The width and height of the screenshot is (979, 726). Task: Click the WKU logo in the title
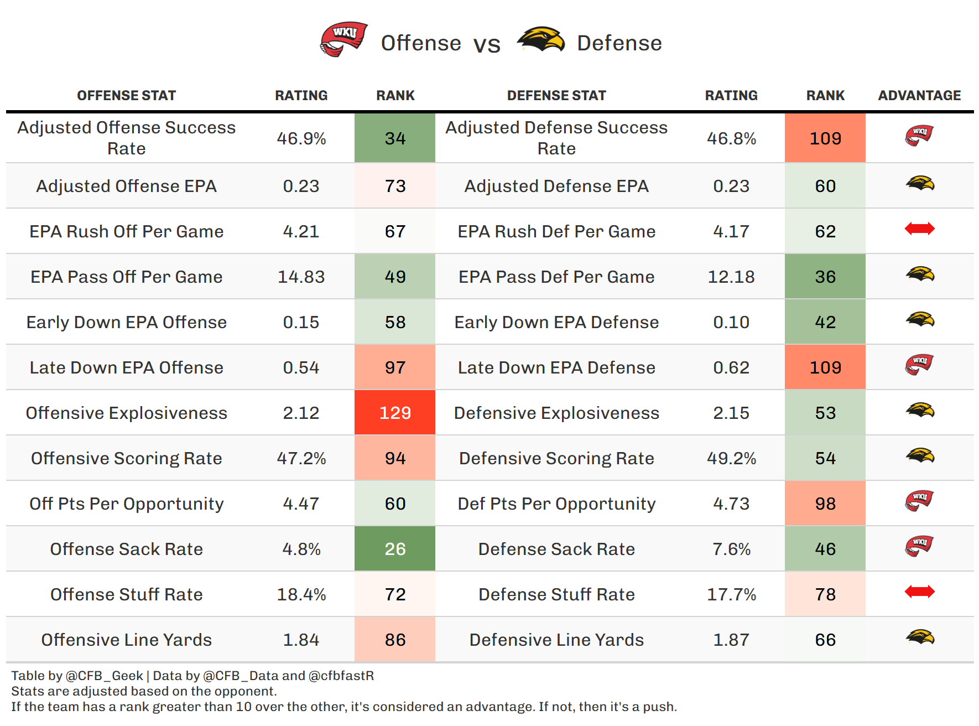(344, 39)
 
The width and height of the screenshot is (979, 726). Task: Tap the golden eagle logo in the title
(540, 40)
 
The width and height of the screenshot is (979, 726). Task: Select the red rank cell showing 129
(395, 413)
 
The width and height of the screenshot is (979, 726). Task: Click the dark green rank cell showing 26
(395, 549)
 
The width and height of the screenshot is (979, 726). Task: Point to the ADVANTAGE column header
(919, 96)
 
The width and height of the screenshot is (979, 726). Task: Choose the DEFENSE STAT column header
(556, 96)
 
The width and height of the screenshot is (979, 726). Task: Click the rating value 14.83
(301, 277)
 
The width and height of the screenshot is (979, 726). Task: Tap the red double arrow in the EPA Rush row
(919, 229)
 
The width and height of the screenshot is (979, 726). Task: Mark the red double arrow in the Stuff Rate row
(919, 592)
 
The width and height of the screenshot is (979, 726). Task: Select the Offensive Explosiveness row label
(127, 413)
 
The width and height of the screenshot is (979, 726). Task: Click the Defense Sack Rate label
(556, 549)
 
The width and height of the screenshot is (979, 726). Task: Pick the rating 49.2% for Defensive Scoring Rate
(731, 458)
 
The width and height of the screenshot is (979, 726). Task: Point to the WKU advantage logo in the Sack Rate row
(919, 546)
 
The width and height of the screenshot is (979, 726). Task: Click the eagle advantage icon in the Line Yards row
(920, 637)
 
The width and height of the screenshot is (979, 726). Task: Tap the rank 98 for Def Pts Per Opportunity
(825, 504)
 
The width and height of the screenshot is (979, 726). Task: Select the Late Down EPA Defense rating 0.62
(731, 367)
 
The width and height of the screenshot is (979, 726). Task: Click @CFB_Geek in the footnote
(104, 676)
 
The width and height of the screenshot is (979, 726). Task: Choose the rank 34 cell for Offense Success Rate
(395, 138)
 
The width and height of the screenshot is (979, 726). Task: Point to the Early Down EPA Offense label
(127, 322)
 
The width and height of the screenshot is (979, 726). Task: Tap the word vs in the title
(487, 44)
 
